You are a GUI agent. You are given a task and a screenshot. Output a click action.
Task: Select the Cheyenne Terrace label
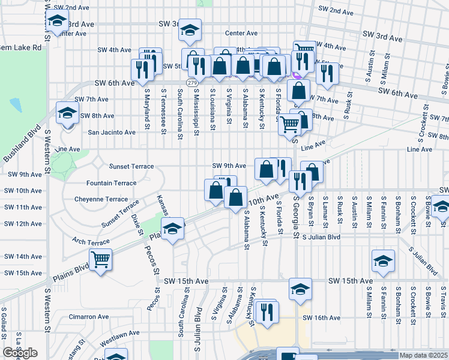click(x=101, y=199)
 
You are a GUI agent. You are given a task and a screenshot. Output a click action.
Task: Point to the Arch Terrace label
click(x=91, y=242)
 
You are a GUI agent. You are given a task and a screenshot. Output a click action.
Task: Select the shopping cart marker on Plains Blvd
click(x=100, y=260)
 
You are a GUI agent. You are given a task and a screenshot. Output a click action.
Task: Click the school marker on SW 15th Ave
click(x=300, y=289)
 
